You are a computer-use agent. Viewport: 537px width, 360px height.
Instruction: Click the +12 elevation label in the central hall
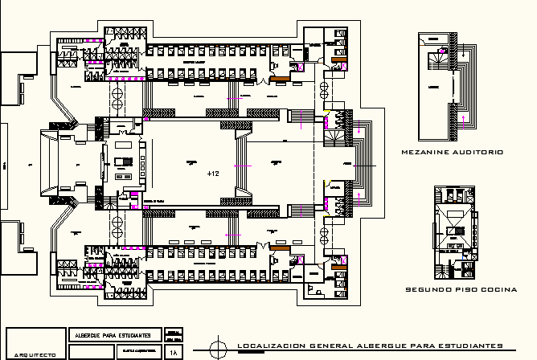212,174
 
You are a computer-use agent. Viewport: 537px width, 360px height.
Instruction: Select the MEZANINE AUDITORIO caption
451,152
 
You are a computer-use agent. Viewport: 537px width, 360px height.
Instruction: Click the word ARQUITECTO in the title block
34,354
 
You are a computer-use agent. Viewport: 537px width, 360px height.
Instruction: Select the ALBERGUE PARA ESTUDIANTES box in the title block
115,335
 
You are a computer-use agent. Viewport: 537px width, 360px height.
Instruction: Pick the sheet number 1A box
173,352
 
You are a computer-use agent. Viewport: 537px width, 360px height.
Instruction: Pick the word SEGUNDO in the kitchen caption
424,289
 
